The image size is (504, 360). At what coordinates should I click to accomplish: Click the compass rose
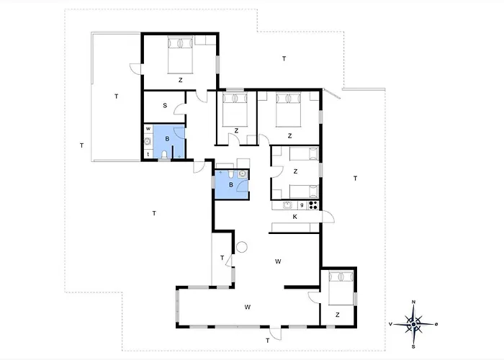[x=413, y=324]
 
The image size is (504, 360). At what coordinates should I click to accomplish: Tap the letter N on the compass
[x=414, y=302]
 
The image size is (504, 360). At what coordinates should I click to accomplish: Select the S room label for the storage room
[x=165, y=105]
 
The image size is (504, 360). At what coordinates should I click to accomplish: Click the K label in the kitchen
[x=294, y=217]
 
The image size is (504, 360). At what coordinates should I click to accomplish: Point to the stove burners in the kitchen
[x=313, y=205]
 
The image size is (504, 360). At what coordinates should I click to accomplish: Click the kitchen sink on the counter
[x=287, y=205]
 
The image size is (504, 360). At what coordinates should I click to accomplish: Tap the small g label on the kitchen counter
[x=302, y=204]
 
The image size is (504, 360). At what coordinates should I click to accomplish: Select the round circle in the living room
[x=242, y=247]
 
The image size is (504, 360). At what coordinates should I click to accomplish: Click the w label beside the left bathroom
[x=148, y=129]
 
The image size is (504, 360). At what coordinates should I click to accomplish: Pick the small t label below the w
[x=148, y=154]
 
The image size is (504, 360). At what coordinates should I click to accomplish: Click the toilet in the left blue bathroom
[x=164, y=155]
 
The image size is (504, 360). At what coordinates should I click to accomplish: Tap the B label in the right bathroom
[x=231, y=185]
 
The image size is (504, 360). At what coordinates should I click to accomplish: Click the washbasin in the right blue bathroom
[x=243, y=174]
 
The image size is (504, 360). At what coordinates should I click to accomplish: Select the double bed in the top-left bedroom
[x=180, y=55]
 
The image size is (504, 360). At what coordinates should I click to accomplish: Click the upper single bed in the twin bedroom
[x=304, y=153]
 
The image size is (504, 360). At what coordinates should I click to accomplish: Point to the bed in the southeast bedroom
[x=341, y=288]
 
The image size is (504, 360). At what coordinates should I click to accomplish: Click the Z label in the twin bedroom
[x=295, y=171]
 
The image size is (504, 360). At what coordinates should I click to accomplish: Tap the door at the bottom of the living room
[x=276, y=333]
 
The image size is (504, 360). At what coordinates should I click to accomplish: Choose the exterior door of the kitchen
[x=328, y=216]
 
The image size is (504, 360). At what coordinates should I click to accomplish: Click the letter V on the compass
[x=390, y=324]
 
